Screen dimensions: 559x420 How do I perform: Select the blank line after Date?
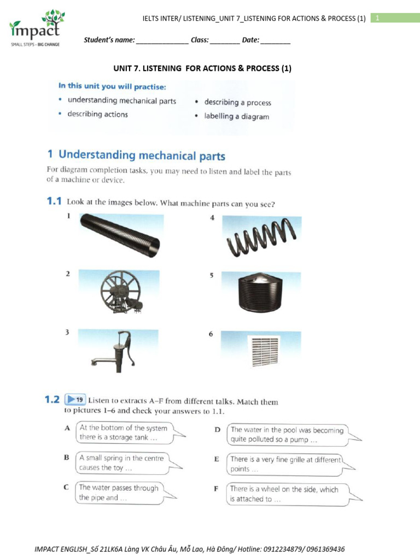coord(279,41)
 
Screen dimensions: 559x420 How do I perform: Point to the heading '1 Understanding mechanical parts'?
coord(136,156)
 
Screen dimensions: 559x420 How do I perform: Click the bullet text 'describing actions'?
coord(97,115)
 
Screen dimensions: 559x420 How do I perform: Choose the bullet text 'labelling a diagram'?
coord(236,116)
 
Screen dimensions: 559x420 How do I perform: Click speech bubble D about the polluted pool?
coord(288,435)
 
